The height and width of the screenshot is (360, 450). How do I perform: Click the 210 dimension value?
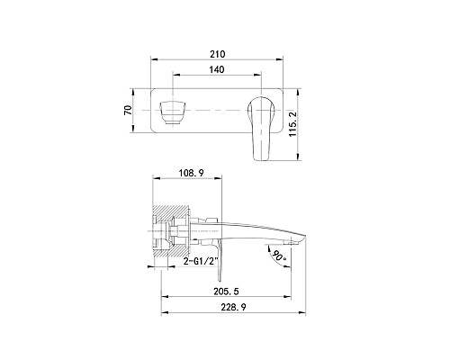point(217,54)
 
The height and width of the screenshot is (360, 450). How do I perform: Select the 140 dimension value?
point(217,69)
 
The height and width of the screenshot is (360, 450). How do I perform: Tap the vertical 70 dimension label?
point(128,111)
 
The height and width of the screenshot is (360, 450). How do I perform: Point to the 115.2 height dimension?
point(292,123)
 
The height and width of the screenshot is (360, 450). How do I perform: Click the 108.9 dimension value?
point(192,173)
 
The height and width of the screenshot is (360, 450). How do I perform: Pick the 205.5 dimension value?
point(226,292)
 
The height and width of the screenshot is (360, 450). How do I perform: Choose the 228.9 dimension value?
point(233,307)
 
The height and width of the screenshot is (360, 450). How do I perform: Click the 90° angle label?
point(279,256)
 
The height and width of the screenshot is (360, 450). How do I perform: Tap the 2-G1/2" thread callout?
point(200,261)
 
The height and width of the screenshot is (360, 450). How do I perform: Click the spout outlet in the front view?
point(173,112)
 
